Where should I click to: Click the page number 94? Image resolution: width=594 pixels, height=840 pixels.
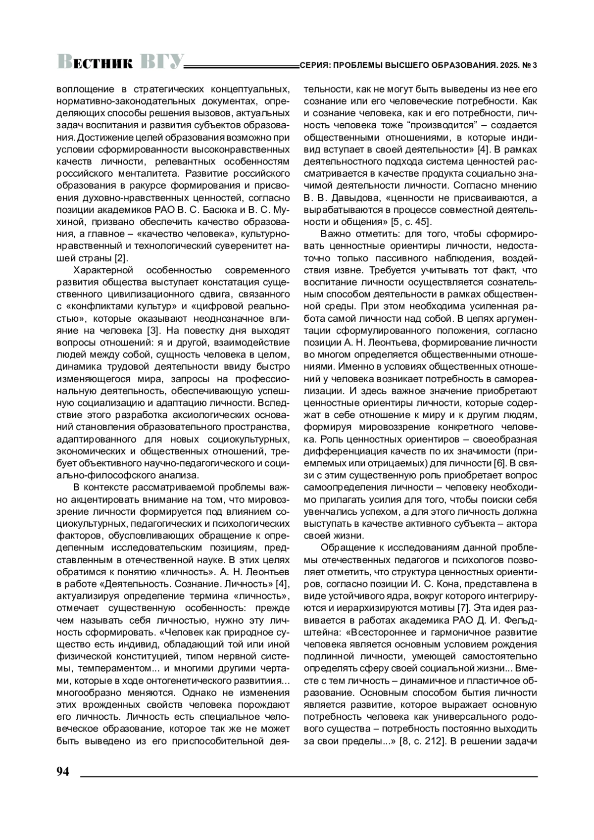[63, 772]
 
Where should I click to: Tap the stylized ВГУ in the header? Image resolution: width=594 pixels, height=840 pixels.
[161, 62]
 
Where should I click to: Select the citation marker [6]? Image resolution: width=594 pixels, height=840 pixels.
[500, 463]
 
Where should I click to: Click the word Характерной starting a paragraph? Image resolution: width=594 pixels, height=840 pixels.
[103, 270]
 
